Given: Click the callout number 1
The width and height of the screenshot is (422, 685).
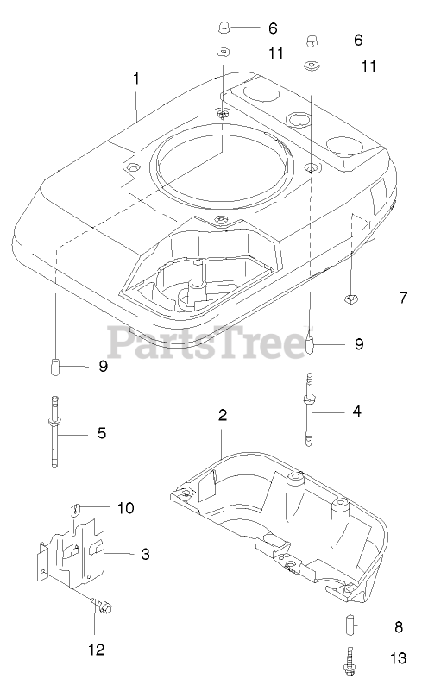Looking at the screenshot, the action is (136, 79).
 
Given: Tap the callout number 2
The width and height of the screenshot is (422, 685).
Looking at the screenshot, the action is (223, 415).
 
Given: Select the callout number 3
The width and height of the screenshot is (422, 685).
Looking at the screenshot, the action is (145, 554).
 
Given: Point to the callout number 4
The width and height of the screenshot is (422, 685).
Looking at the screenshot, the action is (357, 412).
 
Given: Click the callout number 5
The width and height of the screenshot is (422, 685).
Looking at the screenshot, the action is (102, 433).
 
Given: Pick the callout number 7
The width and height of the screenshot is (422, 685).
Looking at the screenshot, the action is (403, 298).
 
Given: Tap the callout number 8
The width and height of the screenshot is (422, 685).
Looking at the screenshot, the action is (399, 627).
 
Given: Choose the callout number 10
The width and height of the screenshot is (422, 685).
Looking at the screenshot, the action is (126, 507).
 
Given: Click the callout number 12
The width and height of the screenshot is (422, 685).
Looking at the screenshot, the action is (97, 650).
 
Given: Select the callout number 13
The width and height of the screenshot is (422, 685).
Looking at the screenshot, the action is (398, 658).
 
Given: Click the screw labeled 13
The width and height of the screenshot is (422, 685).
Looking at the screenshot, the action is (349, 662).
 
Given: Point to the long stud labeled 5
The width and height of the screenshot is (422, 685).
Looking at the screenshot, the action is (54, 431).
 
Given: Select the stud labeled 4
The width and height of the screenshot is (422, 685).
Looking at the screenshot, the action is (309, 409).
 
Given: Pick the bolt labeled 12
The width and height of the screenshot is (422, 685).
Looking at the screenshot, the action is (102, 605).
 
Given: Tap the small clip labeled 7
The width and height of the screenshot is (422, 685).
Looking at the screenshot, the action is (350, 299).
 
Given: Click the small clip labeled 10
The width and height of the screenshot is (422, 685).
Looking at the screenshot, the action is (76, 508).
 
